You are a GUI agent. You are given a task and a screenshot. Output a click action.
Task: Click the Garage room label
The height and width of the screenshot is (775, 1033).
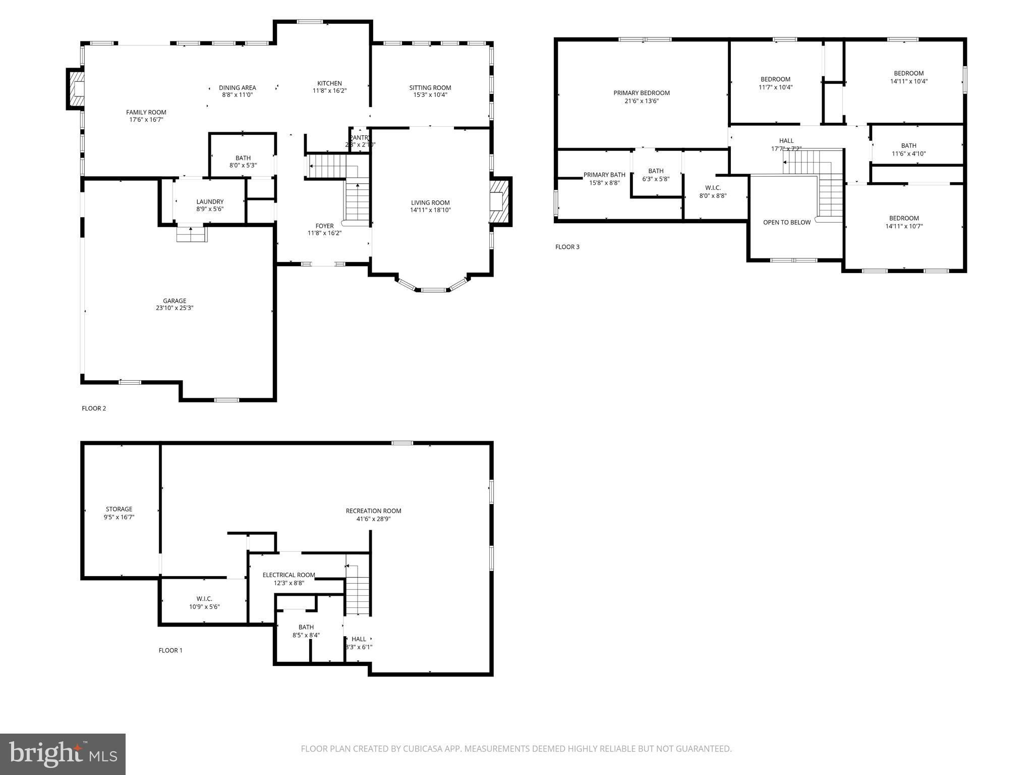tap(175, 301)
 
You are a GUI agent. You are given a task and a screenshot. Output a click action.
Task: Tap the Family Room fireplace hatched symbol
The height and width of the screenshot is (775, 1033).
tap(77, 89)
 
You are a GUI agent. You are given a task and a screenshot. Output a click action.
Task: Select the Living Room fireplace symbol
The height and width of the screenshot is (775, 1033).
tap(499, 202)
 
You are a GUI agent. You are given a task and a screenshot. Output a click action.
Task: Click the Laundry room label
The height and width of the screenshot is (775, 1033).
tap(210, 201)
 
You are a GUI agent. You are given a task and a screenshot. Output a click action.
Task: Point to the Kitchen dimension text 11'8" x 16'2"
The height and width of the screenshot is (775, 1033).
tap(329, 91)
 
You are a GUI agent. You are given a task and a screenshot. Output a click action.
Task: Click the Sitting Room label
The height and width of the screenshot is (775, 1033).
tap(430, 87)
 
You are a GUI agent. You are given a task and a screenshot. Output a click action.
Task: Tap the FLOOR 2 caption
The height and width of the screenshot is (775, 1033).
tap(94, 408)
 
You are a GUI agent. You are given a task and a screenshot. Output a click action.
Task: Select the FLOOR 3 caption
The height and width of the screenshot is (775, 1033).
tap(567, 247)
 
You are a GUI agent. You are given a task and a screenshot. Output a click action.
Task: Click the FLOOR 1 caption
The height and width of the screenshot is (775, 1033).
tap(170, 650)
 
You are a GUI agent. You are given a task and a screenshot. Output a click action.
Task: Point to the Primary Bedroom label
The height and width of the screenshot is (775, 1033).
tap(642, 93)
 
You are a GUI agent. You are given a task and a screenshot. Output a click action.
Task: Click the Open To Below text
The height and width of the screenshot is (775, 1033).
tap(787, 222)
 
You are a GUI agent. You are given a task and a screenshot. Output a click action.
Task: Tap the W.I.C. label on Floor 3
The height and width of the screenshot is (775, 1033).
tap(713, 188)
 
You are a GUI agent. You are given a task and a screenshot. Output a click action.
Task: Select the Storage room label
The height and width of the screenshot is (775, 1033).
tap(119, 509)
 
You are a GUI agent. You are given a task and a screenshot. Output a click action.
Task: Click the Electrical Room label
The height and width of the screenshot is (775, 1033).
tap(289, 575)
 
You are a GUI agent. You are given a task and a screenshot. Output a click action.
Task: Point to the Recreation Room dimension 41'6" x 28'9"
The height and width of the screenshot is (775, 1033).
tap(373, 519)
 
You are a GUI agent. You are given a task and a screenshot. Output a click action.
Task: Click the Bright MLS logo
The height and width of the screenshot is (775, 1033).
tap(63, 754)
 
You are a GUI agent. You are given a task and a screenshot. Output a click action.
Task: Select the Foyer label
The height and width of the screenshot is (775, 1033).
tap(324, 226)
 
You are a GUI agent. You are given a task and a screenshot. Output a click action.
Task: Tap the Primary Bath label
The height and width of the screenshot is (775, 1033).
tap(604, 175)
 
